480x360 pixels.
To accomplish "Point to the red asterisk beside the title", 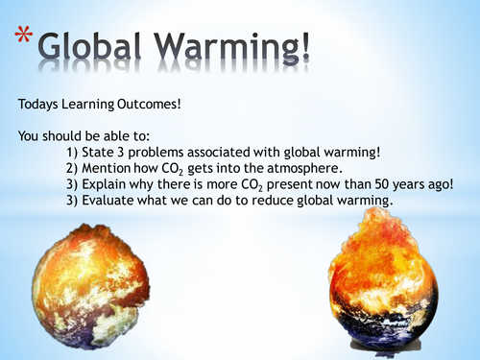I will [x=28, y=36].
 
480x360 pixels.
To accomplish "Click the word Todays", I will [x=37, y=100].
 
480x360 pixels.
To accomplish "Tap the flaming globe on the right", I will [x=384, y=283].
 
